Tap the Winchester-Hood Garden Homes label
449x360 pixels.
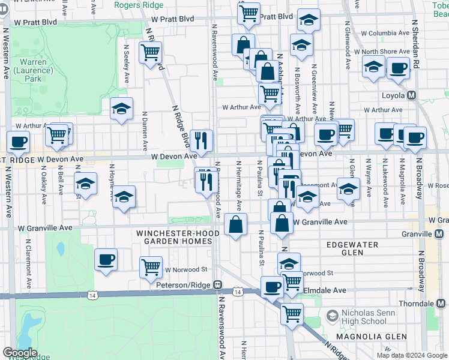174,237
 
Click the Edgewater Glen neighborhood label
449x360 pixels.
352,249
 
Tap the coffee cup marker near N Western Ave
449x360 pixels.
18,142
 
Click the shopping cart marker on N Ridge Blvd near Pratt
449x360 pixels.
149,52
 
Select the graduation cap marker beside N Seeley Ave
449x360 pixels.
121,109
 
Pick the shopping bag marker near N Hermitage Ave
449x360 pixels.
236,224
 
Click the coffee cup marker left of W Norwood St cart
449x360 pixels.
106,259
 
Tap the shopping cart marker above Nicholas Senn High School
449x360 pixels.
292,313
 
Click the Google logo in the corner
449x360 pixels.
19,353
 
